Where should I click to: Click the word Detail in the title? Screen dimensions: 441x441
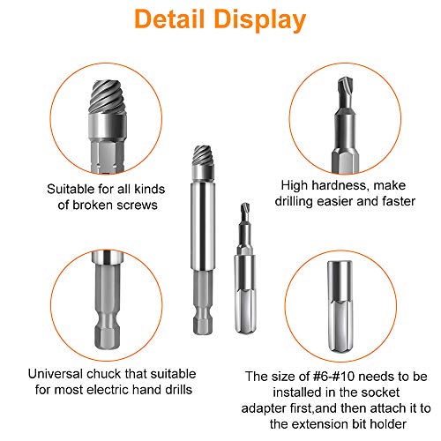pos(169,19)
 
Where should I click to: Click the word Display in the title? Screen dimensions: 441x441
pos(260,20)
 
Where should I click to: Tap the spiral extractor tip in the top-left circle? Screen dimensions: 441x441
pos(107,96)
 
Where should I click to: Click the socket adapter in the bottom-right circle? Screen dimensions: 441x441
pos(340,306)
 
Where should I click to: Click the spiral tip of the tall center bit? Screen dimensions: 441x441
pos(203,155)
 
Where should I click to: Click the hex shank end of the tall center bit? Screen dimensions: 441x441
pos(203,303)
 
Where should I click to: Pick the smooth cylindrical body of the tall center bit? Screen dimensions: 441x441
pos(203,227)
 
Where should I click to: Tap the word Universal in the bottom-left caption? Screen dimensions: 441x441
pos(56,374)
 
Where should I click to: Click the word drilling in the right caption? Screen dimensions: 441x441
pos(294,202)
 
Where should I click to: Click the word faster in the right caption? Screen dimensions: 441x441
pos(399,201)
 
